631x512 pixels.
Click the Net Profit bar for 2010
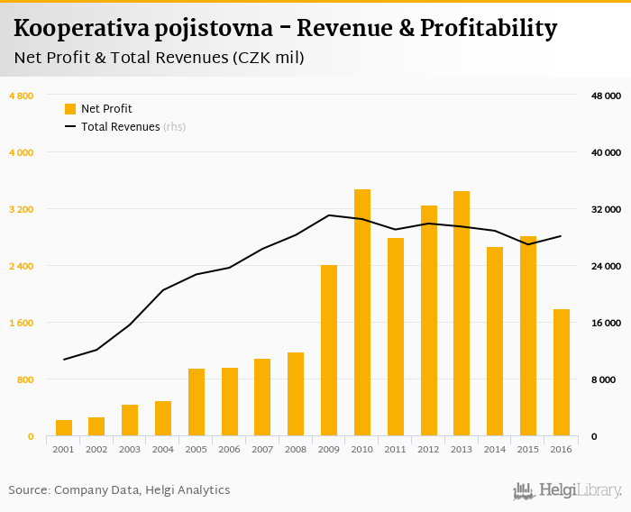pyautogui.click(x=362, y=313)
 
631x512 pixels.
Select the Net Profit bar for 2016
pyautogui.click(x=562, y=372)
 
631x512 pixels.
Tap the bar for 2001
pyautogui.click(x=64, y=428)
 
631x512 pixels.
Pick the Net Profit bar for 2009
pyautogui.click(x=329, y=351)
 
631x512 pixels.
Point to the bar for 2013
pyautogui.click(x=462, y=314)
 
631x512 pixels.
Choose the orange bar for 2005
pyautogui.click(x=197, y=402)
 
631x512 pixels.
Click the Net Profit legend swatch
pyautogui.click(x=70, y=109)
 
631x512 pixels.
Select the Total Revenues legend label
pyautogui.click(x=120, y=127)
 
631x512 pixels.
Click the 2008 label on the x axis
pyautogui.click(x=296, y=449)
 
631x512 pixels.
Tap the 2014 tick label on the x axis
pyautogui.click(x=495, y=449)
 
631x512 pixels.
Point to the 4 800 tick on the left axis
pyautogui.click(x=21, y=96)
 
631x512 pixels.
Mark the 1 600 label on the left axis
pyautogui.click(x=21, y=323)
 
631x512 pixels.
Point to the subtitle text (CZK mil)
pyautogui.click(x=268, y=59)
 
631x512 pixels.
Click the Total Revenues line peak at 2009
pyautogui.click(x=329, y=215)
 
